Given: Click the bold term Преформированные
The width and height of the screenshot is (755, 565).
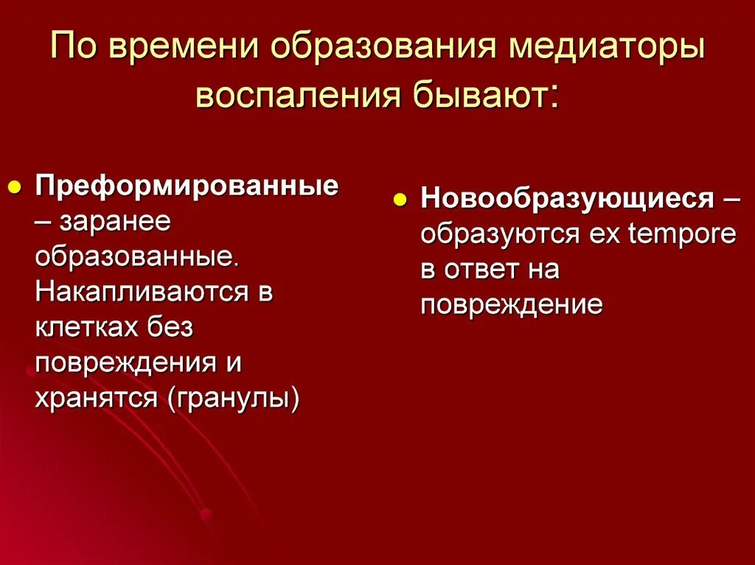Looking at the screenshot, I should click(187, 184).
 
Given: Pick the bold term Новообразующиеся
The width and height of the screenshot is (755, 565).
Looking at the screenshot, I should click(566, 198).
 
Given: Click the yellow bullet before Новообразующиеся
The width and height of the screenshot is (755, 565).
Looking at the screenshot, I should click(400, 199).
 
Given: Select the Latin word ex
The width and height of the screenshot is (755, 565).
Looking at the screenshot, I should click(605, 234).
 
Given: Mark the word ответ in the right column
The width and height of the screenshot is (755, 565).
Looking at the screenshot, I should click(484, 270).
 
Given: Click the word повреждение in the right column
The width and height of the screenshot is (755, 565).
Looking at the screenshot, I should click(512, 305).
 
